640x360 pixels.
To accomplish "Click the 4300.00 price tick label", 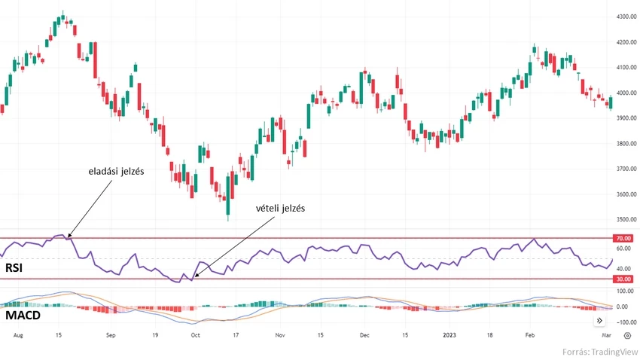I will click(x=626, y=16).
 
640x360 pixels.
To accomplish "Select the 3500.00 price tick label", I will click(x=626, y=220).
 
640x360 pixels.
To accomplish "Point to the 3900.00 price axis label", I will click(x=626, y=118).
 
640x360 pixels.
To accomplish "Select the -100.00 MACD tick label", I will click(x=624, y=322).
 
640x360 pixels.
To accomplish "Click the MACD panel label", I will click(x=22, y=315).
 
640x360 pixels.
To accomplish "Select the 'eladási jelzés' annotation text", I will click(x=115, y=171).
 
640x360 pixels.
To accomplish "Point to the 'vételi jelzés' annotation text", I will click(x=279, y=208).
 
